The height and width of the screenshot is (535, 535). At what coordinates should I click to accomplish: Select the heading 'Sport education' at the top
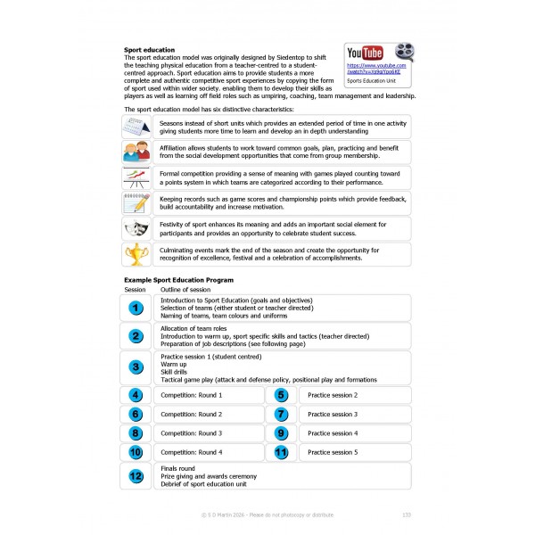tap(149, 50)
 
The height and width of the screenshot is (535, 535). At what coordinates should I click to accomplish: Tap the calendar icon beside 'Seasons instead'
tap(136, 126)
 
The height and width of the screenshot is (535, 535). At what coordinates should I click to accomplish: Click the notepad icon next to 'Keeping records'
tap(136, 202)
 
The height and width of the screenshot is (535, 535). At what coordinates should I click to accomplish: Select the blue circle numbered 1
tap(136, 308)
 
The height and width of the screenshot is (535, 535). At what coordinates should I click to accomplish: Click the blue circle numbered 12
tap(136, 476)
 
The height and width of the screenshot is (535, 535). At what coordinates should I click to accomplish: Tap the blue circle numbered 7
tap(282, 414)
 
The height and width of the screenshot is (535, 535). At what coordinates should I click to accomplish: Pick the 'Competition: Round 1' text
tap(191, 394)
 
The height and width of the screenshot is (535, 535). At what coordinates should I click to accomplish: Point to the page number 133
tap(407, 515)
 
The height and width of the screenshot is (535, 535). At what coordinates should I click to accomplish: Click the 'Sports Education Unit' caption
tap(374, 80)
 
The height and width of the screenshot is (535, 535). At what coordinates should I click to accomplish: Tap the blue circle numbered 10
tap(136, 452)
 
